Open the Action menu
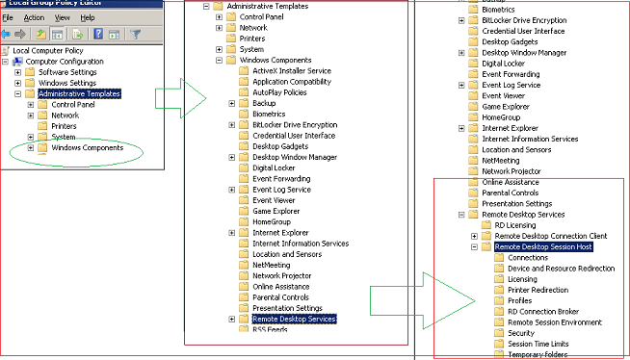coord(34,17)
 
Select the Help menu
coord(87,17)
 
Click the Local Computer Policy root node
coord(45,50)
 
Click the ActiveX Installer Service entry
coord(291,71)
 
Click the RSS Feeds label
coord(271,329)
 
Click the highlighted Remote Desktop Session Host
coord(542,246)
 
